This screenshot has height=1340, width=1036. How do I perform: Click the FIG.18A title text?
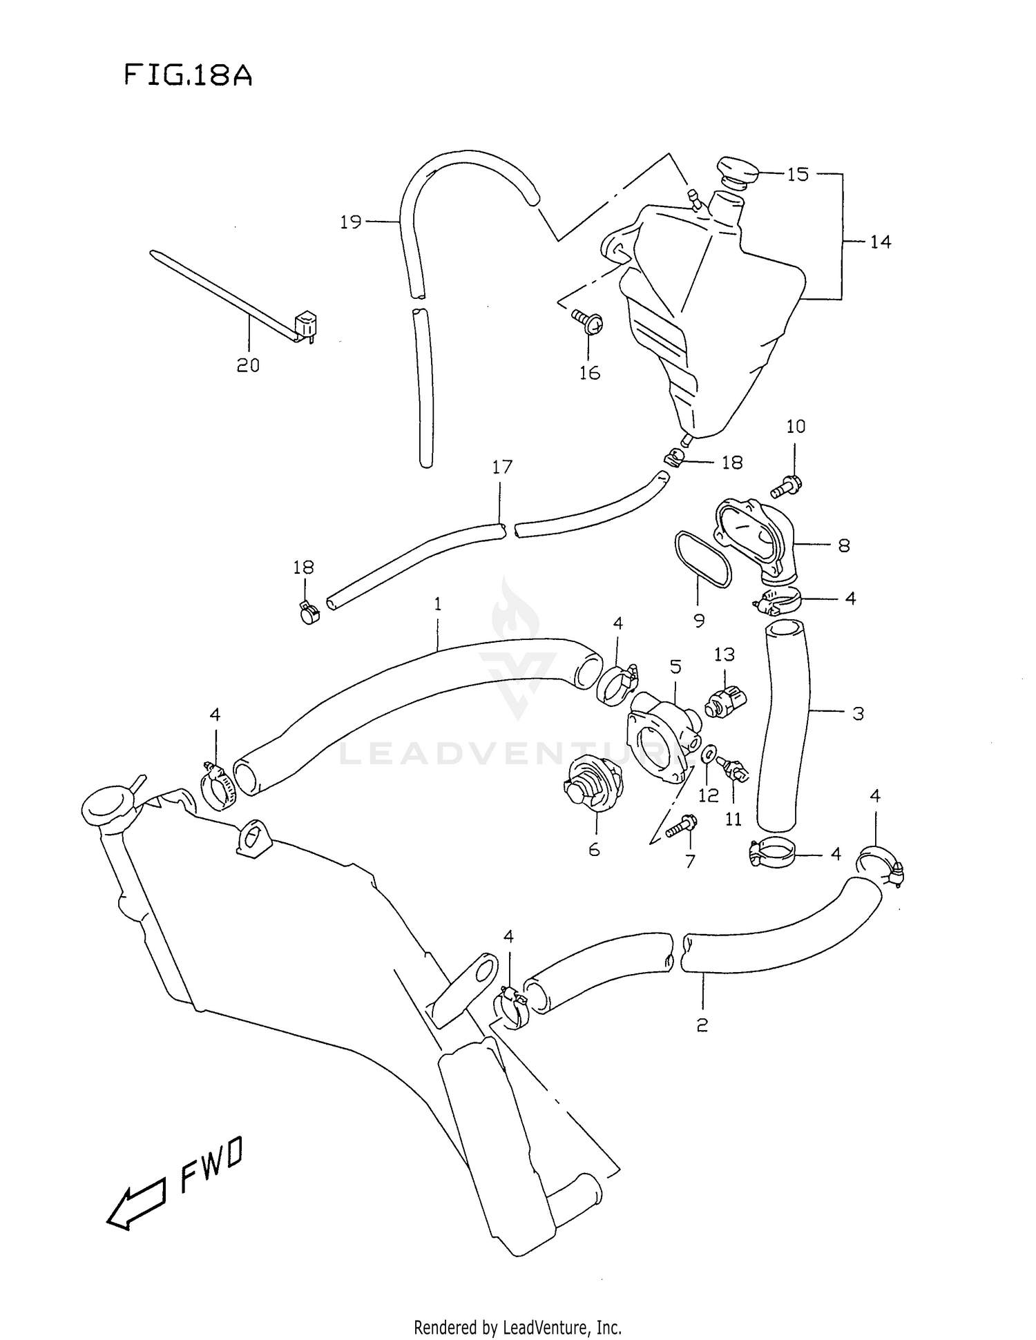(188, 75)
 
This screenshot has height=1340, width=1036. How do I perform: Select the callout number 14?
(880, 242)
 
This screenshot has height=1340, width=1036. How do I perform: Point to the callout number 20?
(248, 365)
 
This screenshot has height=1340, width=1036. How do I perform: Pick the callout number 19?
(351, 222)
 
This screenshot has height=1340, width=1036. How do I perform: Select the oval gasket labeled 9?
(703, 559)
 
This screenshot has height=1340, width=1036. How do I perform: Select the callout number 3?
(858, 713)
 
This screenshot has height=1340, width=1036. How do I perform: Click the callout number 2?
(702, 1025)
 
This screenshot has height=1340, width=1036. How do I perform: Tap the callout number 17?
(502, 467)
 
